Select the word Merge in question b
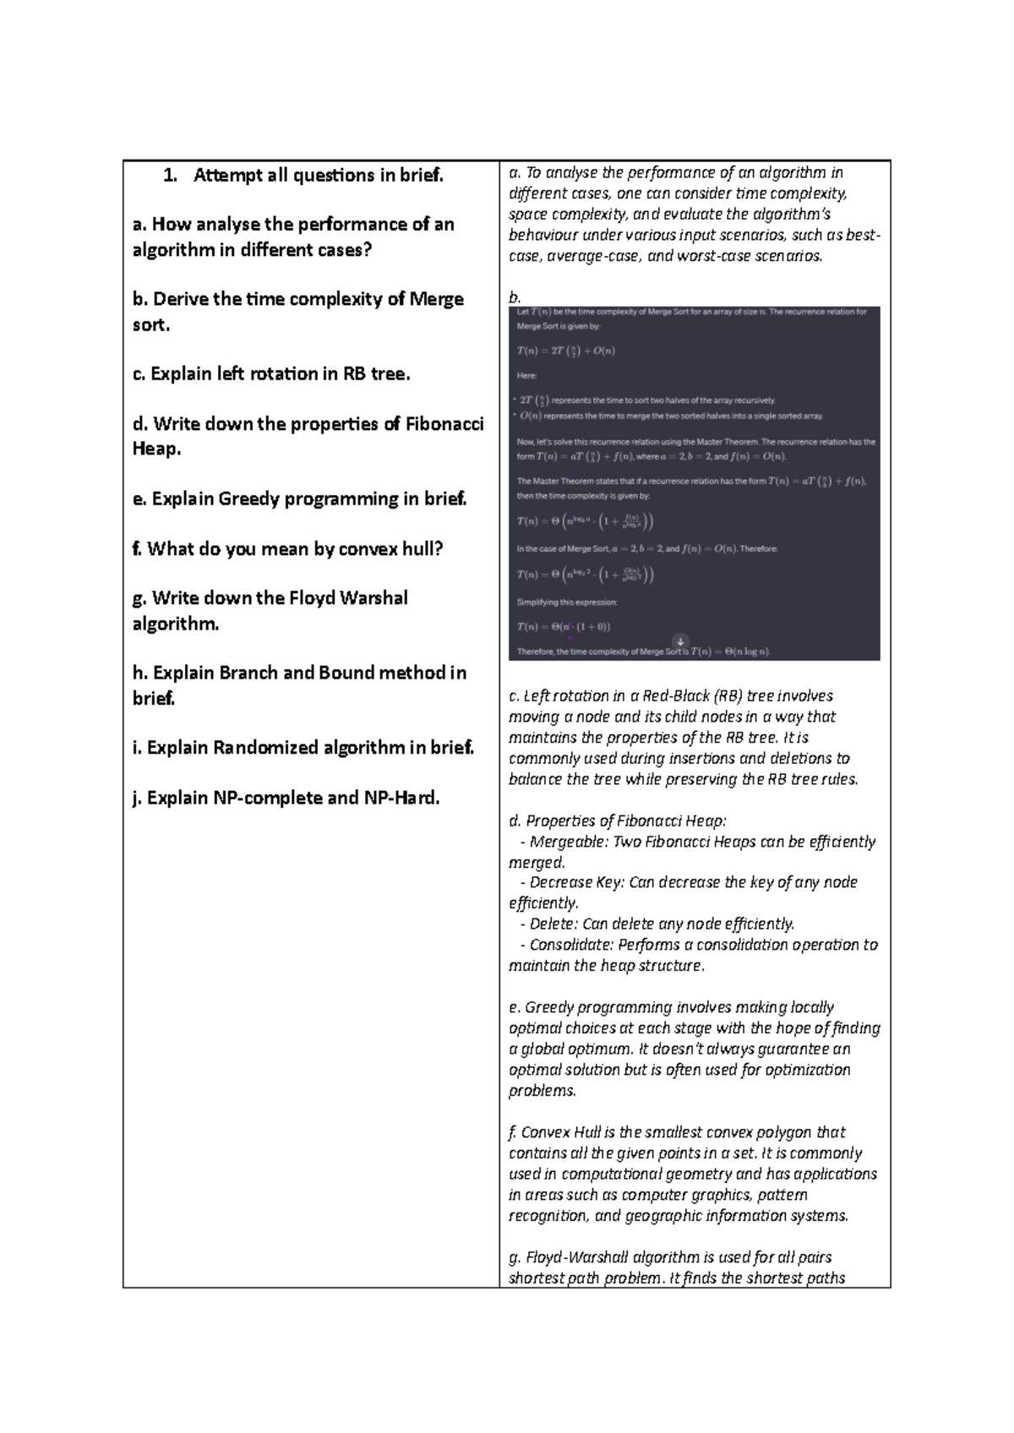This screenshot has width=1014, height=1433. tap(436, 300)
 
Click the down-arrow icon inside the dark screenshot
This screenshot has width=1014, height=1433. tap(679, 641)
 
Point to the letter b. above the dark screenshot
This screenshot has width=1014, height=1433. tap(515, 297)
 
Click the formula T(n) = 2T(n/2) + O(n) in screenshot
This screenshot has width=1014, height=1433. tap(565, 351)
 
